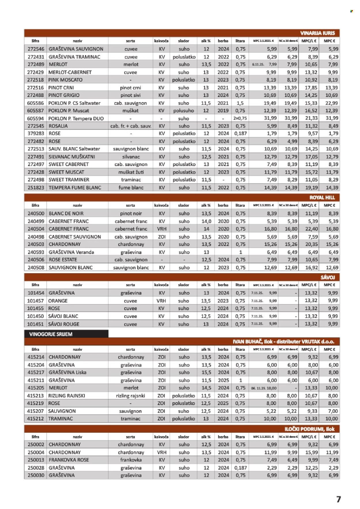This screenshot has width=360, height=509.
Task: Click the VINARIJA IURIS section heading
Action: [x=317, y=33]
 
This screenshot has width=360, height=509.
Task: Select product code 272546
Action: [x=36, y=49]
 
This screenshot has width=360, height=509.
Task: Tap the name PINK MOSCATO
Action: [x=66, y=80]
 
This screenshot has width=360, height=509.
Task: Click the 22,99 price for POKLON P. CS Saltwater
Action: [x=331, y=103]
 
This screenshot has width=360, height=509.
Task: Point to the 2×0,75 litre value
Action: [x=240, y=118]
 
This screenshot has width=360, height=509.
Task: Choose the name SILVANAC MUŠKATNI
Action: [x=72, y=157]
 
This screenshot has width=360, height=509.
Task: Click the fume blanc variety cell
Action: [x=131, y=187]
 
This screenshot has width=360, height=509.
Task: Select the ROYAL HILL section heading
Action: [x=322, y=198]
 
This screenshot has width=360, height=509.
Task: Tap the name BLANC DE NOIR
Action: [x=66, y=213]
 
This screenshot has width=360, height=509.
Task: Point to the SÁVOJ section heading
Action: [x=328, y=277]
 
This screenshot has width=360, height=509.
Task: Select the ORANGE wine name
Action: [x=58, y=301]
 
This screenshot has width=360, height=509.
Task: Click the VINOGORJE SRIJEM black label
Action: [x=51, y=334]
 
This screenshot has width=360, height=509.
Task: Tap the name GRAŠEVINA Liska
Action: [x=67, y=372]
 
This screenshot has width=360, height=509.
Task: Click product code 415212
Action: [x=35, y=419]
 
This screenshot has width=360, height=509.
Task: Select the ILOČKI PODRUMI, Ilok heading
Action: [x=309, y=429]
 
